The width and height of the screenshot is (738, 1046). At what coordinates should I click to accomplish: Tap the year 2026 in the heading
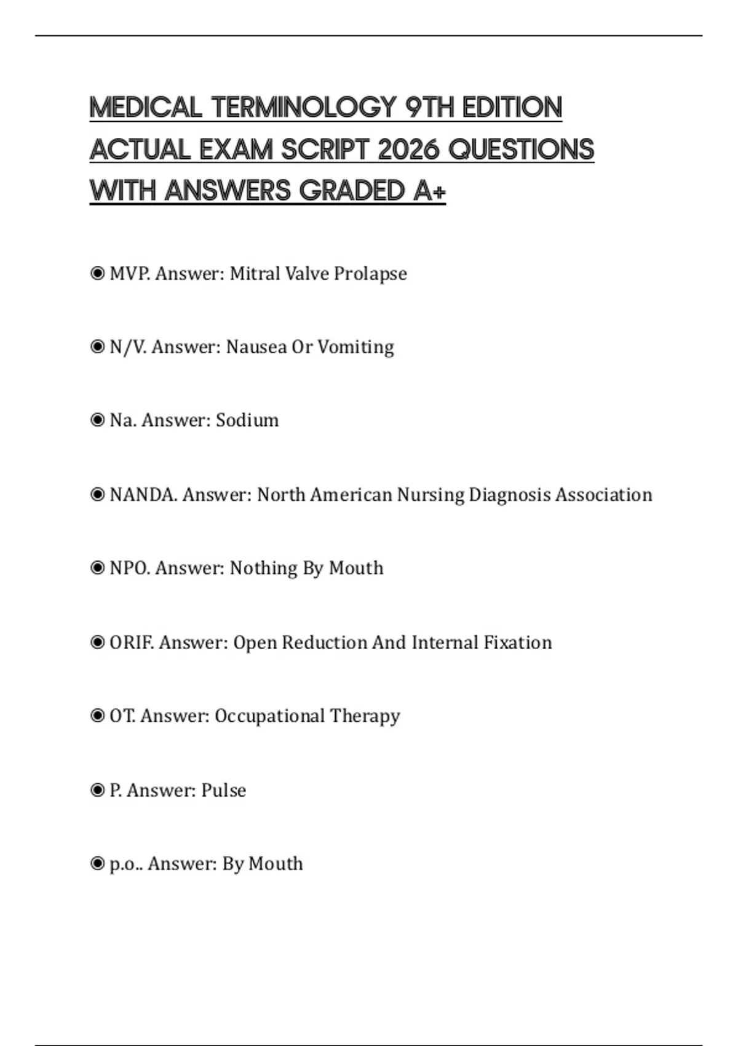(x=407, y=150)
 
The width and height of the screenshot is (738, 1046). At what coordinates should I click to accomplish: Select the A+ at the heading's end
(x=429, y=191)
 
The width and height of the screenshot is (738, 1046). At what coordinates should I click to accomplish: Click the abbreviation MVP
(x=129, y=274)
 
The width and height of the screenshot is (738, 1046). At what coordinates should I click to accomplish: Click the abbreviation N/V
(x=127, y=347)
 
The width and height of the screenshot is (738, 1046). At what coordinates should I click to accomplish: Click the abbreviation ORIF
(x=131, y=642)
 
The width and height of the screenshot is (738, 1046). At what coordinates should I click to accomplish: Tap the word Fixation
(x=518, y=642)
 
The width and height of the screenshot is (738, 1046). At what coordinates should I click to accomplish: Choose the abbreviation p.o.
(x=125, y=864)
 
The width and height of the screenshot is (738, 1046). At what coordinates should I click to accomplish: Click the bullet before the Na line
(x=97, y=420)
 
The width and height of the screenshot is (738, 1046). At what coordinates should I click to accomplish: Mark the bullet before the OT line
(x=97, y=716)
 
